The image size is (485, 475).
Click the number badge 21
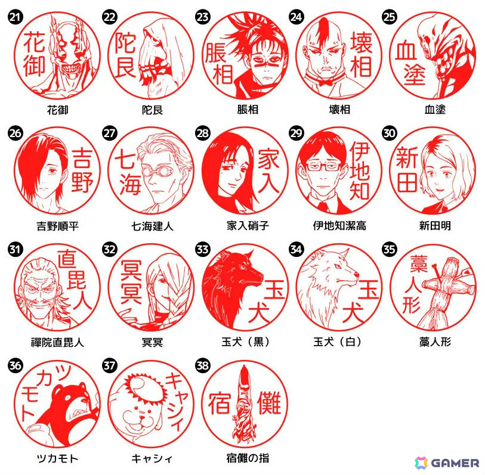15,17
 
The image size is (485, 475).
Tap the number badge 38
203,365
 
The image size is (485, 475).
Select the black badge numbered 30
390,133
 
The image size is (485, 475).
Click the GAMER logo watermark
447,462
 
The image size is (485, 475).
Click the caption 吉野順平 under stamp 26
57,226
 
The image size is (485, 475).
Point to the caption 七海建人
152,226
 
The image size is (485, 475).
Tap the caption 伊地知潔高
339,226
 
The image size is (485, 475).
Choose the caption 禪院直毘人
57,343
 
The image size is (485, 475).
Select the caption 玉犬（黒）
246,342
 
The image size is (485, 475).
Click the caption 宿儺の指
248,458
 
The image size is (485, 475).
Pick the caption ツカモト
57,458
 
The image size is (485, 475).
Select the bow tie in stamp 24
327,82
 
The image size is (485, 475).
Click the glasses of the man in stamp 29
323,166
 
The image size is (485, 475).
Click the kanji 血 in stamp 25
406,50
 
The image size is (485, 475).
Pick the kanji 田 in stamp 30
407,182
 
